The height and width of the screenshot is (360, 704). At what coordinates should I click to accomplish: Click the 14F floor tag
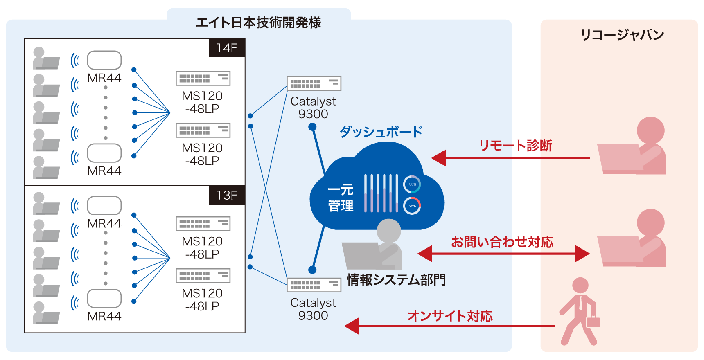coord(227,48)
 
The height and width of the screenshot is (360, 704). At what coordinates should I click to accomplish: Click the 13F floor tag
coord(227,195)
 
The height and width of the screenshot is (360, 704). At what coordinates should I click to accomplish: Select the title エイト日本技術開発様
coord(258,22)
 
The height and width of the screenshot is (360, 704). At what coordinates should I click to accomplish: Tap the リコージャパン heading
coord(622,35)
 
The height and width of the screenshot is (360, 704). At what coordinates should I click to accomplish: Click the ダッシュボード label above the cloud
coord(381,132)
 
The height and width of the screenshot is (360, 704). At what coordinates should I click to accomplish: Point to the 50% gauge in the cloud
coord(412,184)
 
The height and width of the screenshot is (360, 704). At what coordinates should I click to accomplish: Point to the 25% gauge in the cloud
coord(412,206)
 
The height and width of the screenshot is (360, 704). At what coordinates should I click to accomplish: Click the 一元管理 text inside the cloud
coord(341,198)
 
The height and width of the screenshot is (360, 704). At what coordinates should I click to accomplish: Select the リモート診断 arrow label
coord(515,145)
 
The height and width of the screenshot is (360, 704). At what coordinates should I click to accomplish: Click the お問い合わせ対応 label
coord(502,242)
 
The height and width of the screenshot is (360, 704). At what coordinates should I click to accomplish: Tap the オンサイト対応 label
coord(450,315)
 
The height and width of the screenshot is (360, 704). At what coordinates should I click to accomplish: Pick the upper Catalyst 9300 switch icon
coord(314,83)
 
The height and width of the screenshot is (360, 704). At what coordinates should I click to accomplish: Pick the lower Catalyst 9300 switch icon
coord(314,285)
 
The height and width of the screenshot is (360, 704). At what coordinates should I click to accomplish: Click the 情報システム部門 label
coord(396,280)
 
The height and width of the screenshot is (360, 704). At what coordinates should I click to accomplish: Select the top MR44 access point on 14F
coord(104,60)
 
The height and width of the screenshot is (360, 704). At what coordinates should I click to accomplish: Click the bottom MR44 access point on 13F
coord(104,298)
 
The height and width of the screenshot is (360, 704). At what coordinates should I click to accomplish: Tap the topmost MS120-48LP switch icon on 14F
coord(203,78)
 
